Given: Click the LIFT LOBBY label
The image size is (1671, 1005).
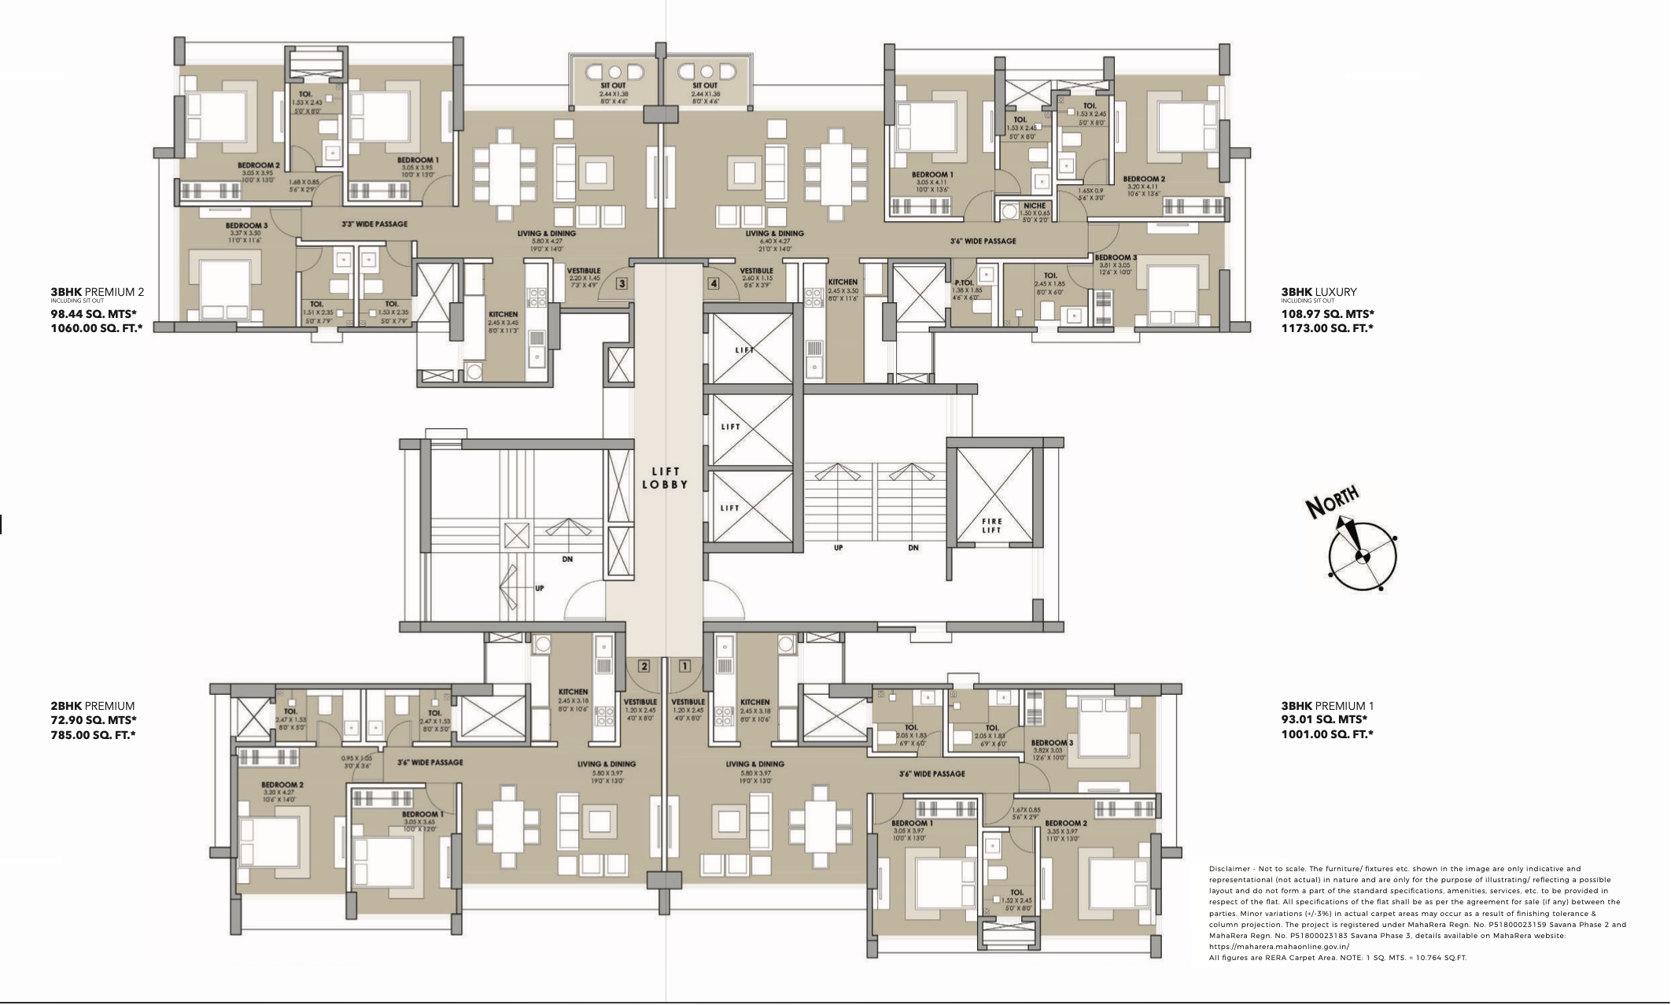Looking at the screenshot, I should point(665,478).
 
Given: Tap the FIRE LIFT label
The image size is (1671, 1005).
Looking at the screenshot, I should point(991,525).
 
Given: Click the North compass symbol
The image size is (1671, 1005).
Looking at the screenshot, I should point(1362,556).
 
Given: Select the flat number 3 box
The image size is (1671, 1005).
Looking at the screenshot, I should point(622,283).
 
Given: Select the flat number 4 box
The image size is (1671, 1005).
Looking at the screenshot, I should point(714,283).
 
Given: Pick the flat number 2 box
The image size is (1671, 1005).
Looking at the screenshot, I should point(644,666).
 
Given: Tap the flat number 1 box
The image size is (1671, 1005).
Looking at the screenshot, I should point(684,666).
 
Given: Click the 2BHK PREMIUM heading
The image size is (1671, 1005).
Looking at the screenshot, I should point(92,706).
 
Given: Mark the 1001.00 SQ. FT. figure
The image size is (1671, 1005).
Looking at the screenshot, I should point(1327,734).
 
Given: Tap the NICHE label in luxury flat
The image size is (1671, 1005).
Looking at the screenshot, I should point(1035,205).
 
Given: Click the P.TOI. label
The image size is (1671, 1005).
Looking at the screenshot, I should point(965,283).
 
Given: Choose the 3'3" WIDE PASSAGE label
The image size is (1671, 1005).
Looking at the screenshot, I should point(374,224).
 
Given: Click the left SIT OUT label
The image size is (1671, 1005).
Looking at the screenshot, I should point(613,86).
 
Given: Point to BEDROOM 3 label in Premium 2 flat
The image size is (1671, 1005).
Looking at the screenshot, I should point(246,226).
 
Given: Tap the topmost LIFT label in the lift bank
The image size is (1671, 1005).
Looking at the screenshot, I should point(743,350).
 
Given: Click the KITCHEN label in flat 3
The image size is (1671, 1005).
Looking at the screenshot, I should point(503,314).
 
